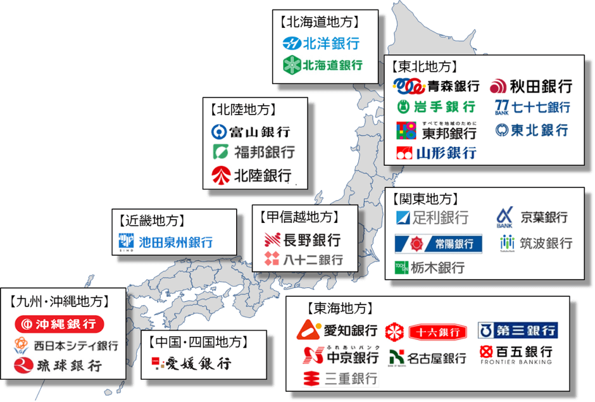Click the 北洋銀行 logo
[x=321, y=44]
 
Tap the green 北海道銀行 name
[x=332, y=65]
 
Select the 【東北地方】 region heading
[x=423, y=66]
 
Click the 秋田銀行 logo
[x=531, y=85]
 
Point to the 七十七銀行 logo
[x=532, y=107]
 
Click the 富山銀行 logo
[x=251, y=132]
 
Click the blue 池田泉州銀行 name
[x=176, y=242]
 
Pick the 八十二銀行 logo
[x=304, y=259]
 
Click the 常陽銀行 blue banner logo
[x=439, y=244]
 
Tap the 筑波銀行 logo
[x=536, y=243]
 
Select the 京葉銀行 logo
[x=532, y=217]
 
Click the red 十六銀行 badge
[x=427, y=331]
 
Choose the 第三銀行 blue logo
[x=517, y=330]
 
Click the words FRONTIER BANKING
[x=517, y=362]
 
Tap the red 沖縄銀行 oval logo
[x=59, y=325]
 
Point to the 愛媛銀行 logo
[x=191, y=363]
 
